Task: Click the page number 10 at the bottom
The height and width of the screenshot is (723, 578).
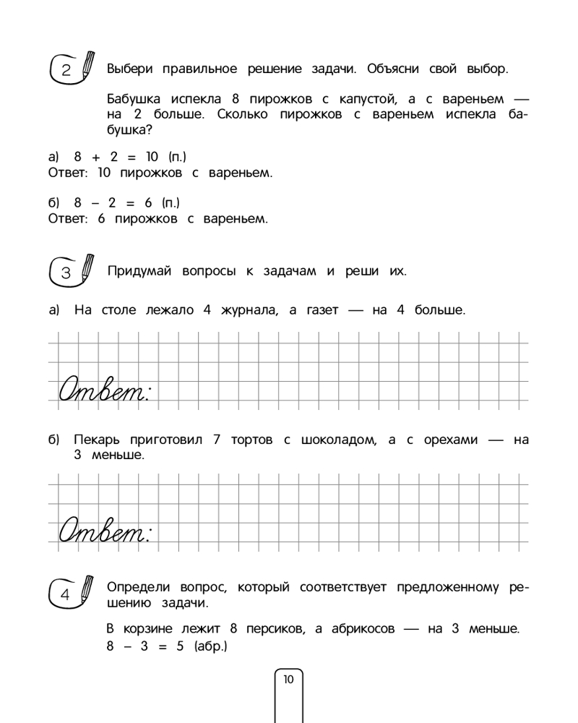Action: pyautogui.click(x=288, y=679)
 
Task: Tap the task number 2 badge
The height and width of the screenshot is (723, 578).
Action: pyautogui.click(x=66, y=70)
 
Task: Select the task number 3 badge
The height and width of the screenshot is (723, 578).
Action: pyautogui.click(x=66, y=273)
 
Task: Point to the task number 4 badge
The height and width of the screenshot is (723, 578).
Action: pyautogui.click(x=66, y=596)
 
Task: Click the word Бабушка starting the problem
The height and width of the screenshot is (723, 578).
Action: pyautogui.click(x=134, y=99)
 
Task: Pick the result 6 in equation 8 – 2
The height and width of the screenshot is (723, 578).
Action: pyautogui.click(x=148, y=202)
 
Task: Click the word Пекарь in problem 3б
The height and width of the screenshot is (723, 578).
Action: pyautogui.click(x=97, y=440)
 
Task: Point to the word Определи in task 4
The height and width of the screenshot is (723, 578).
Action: pyautogui.click(x=137, y=587)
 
